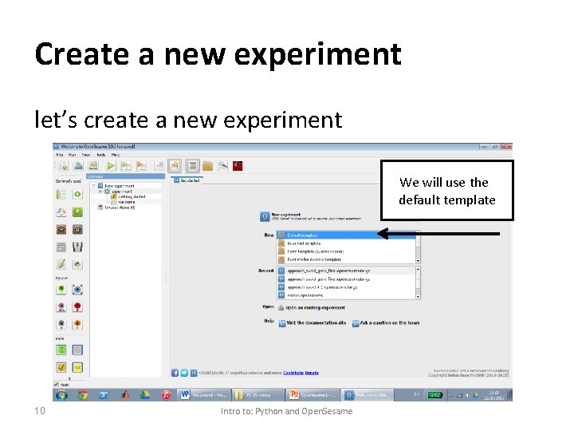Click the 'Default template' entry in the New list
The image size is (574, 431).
pyautogui.click(x=303, y=235)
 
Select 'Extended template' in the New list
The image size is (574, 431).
pyautogui.click(x=303, y=243)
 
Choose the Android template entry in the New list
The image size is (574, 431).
pyautogui.click(x=315, y=259)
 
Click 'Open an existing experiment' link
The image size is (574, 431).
pyautogui.click(x=316, y=306)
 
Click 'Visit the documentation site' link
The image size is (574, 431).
pyautogui.click(x=316, y=322)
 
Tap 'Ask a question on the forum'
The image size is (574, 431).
pyautogui.click(x=389, y=322)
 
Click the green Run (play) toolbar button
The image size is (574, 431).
pyautogui.click(x=111, y=166)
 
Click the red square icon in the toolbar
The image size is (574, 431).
pyautogui.click(x=238, y=166)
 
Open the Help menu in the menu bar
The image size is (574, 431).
pyautogui.click(x=116, y=154)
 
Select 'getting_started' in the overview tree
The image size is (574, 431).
pyautogui.click(x=132, y=196)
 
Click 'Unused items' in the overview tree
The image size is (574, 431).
pyautogui.click(x=119, y=208)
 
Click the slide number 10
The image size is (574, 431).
pyautogui.click(x=41, y=411)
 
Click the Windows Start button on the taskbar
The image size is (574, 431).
pyautogui.click(x=61, y=395)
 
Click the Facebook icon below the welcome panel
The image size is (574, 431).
pyautogui.click(x=175, y=372)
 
